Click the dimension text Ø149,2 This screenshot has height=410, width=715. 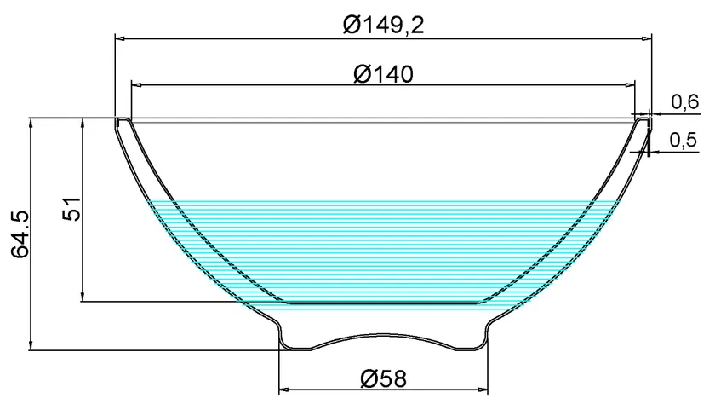pos(383,25)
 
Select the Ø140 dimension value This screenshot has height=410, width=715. pos(383,74)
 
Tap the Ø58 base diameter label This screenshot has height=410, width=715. pos(383,379)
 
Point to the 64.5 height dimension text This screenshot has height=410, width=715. pos(20,233)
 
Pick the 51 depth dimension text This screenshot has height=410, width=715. pos(72,209)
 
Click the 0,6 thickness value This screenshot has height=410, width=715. pos(685,103)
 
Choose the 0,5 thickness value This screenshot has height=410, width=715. pos(685,141)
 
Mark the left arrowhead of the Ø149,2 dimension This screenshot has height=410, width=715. pos(120,38)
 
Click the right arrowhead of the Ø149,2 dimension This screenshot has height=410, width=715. pos(646,38)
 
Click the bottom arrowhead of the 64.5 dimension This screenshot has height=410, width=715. pos(31,344)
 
